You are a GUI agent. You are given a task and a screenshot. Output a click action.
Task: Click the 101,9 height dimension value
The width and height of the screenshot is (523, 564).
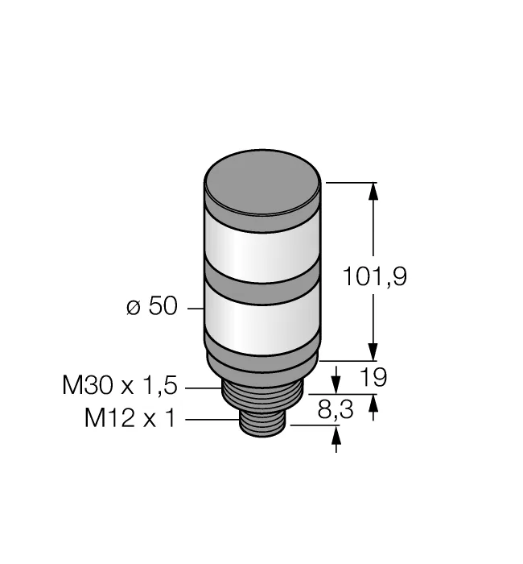[x=375, y=276]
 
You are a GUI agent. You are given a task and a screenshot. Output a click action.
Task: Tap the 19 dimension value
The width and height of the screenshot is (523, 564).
[x=373, y=377]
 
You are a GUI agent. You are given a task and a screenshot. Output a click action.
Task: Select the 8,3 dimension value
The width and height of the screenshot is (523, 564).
[x=336, y=409]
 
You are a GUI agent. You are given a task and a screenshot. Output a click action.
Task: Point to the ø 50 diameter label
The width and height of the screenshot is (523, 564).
[x=152, y=306]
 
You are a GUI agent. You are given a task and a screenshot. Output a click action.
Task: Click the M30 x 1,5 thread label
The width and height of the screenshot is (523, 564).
[x=120, y=385]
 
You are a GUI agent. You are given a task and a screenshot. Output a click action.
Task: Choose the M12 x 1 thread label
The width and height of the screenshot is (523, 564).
[x=130, y=418]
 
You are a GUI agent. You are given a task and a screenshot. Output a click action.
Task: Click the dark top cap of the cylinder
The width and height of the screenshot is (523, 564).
[x=262, y=190]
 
